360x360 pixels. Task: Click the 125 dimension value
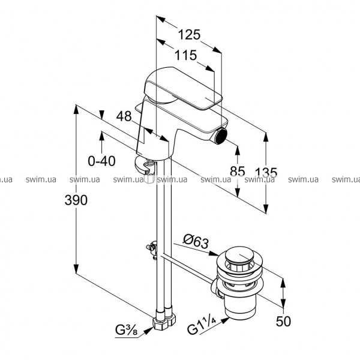pos(188,34)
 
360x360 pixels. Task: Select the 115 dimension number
pos(186,55)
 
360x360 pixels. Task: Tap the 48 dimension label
pos(124,116)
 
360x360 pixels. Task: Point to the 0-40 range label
pos(101,161)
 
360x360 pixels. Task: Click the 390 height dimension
pos(76,200)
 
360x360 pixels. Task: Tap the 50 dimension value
pos(284,321)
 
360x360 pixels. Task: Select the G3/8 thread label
pos(128,329)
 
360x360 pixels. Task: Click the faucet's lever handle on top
pos(180,90)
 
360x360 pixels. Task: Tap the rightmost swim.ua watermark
pos(346,179)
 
